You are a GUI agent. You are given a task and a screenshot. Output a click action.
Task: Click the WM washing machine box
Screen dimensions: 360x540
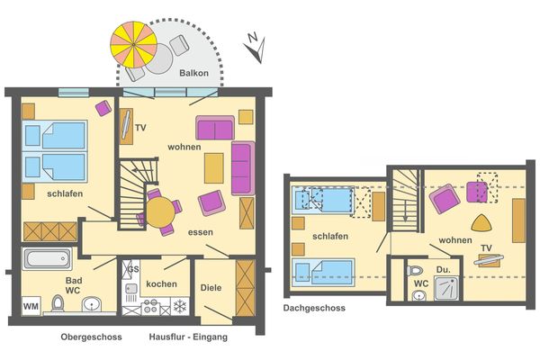pyautogui.click(x=31, y=307)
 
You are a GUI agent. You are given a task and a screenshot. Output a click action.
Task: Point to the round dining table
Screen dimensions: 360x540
pyautogui.click(x=161, y=211)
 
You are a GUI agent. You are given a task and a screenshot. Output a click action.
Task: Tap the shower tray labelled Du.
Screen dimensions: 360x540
pyautogui.click(x=446, y=288)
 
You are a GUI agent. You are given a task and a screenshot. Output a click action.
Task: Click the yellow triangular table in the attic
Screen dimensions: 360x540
pyautogui.click(x=482, y=224)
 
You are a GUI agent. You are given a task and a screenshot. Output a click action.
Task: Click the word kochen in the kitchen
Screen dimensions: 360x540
pyautogui.click(x=160, y=283)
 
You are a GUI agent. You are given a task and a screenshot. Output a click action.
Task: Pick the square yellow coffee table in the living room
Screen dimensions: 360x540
pyautogui.click(x=213, y=166)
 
